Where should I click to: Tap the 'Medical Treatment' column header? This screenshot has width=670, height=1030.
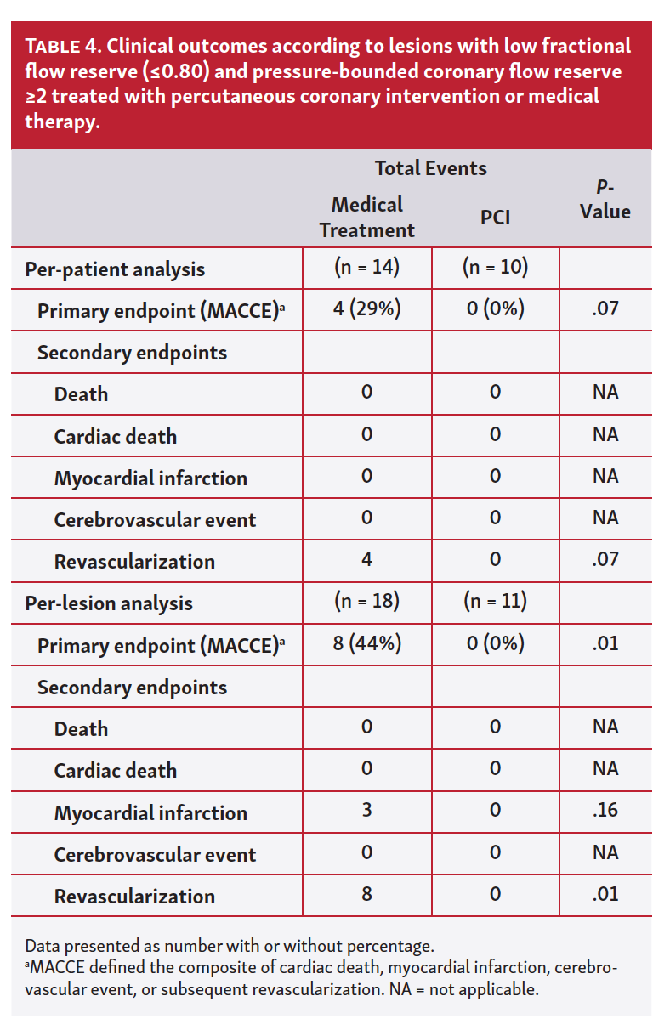[x=366, y=218]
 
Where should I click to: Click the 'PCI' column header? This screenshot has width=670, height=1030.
[x=495, y=218]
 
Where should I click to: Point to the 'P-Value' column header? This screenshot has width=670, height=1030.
[x=605, y=201]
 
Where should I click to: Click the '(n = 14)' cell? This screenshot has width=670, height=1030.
[x=366, y=268]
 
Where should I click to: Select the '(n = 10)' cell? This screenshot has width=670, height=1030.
[x=495, y=268]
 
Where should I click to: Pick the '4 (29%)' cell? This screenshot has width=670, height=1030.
[x=366, y=309]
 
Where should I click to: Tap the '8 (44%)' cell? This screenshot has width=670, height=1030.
[x=366, y=644]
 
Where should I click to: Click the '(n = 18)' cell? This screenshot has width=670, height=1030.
[x=366, y=602]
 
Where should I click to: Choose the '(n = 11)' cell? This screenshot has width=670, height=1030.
[x=495, y=602]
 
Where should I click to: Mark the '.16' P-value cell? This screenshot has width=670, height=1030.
[x=605, y=811]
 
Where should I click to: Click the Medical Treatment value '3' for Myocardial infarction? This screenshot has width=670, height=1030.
[x=366, y=811]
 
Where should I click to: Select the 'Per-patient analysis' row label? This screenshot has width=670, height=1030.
[x=115, y=269]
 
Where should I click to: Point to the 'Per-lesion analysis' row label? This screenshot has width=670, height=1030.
[x=109, y=603]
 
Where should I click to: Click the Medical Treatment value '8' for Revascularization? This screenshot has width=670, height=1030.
[x=366, y=895]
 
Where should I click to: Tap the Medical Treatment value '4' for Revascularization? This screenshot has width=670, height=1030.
[x=366, y=560]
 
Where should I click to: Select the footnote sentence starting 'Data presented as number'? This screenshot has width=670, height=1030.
[x=230, y=946]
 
